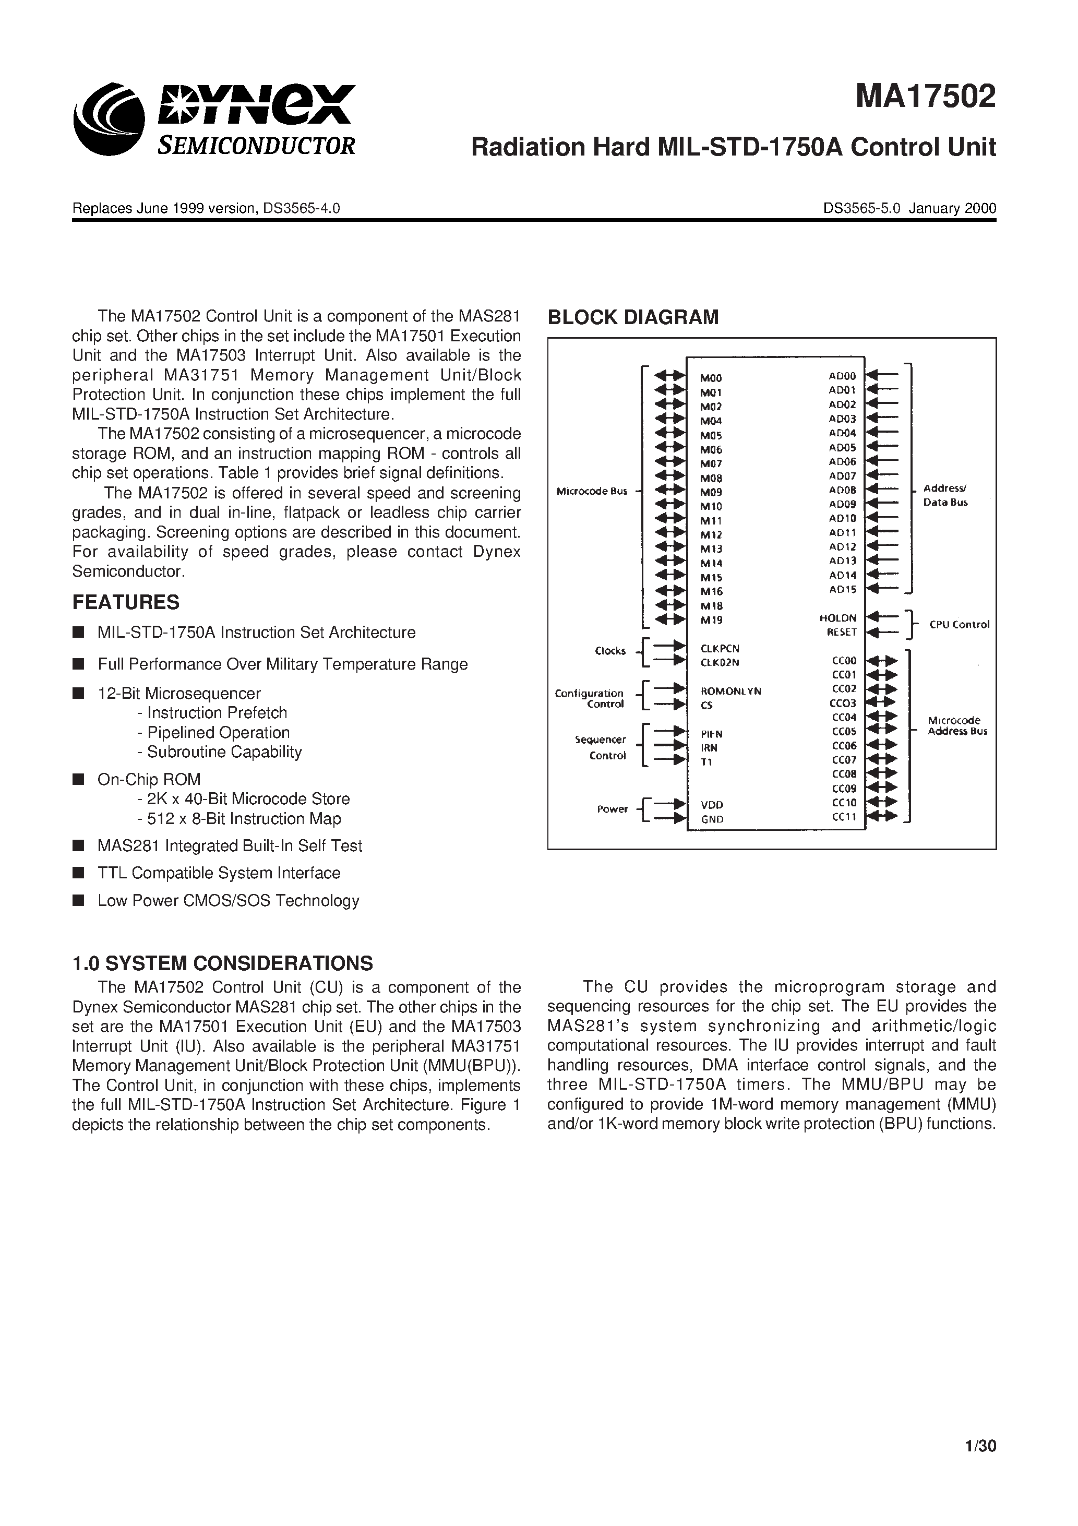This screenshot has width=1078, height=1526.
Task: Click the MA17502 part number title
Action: click(x=925, y=97)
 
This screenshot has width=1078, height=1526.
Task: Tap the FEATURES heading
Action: click(x=126, y=602)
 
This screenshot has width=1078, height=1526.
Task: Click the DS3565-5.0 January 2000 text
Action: click(x=909, y=208)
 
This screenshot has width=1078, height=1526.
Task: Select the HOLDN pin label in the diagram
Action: click(x=838, y=618)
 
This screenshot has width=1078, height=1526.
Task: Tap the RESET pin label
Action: click(x=842, y=633)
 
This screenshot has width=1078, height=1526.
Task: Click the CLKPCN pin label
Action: click(x=720, y=648)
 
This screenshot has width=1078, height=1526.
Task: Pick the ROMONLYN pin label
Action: click(x=730, y=691)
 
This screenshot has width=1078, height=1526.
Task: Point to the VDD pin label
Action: click(x=712, y=805)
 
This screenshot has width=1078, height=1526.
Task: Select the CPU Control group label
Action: click(x=959, y=625)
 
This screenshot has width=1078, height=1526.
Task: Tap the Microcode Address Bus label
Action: click(x=957, y=726)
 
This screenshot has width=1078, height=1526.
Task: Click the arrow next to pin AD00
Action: click(x=883, y=376)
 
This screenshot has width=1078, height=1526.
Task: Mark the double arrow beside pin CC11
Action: click(x=883, y=817)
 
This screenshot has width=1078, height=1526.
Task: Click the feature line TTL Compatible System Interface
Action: click(x=219, y=873)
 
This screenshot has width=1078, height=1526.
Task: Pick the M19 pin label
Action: click(x=711, y=620)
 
